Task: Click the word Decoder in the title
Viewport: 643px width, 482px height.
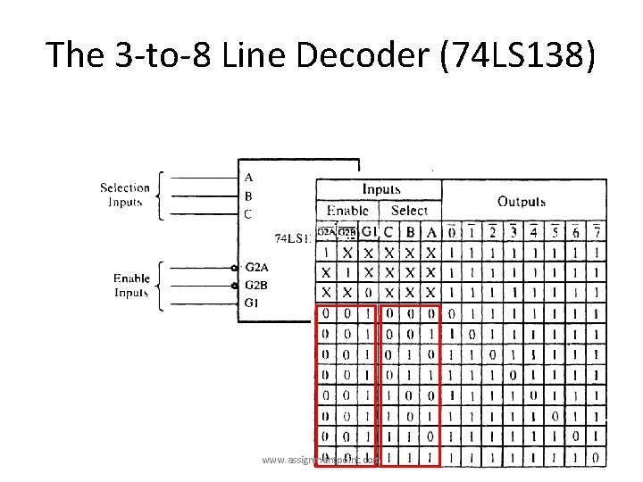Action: point(376,54)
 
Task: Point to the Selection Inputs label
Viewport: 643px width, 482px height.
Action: point(124,195)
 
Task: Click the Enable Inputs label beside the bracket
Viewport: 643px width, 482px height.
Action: point(130,286)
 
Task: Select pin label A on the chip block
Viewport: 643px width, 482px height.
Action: point(248,178)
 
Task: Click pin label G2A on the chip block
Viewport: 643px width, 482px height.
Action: point(256,267)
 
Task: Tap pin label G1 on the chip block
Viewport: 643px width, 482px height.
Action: point(252,303)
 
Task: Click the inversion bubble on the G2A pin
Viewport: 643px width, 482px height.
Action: point(234,268)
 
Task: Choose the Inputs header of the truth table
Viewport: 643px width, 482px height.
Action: point(381,189)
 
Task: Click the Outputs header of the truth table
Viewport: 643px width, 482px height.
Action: point(521,202)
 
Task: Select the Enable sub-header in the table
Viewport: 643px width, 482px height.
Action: point(347,211)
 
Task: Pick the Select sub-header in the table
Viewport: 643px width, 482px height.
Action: point(410,211)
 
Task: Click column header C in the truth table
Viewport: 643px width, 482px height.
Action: point(389,232)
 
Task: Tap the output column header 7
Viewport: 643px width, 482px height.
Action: point(596,232)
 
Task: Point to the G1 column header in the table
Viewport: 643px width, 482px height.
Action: point(367,232)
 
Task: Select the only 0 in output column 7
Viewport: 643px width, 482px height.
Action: point(596,458)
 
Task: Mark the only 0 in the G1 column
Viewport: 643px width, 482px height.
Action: point(367,293)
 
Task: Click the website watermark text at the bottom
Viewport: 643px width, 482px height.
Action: point(321,460)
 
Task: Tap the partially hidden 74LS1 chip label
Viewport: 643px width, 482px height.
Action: point(292,238)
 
